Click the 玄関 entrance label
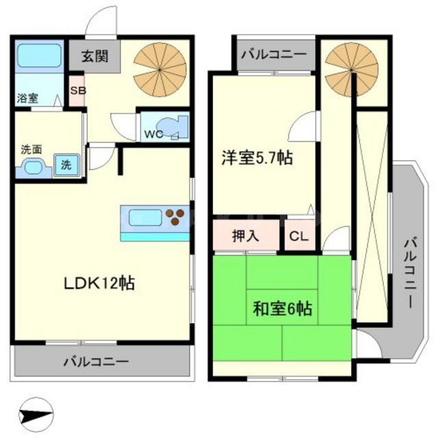[94, 56]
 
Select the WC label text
[153, 134]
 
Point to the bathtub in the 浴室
[39, 56]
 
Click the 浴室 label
[27, 98]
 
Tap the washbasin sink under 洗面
[32, 166]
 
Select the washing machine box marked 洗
[66, 165]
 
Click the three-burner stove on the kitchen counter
[176, 217]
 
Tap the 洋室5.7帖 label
[257, 158]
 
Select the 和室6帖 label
[282, 309]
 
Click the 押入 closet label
[246, 237]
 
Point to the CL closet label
[298, 237]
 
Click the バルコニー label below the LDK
[96, 360]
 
